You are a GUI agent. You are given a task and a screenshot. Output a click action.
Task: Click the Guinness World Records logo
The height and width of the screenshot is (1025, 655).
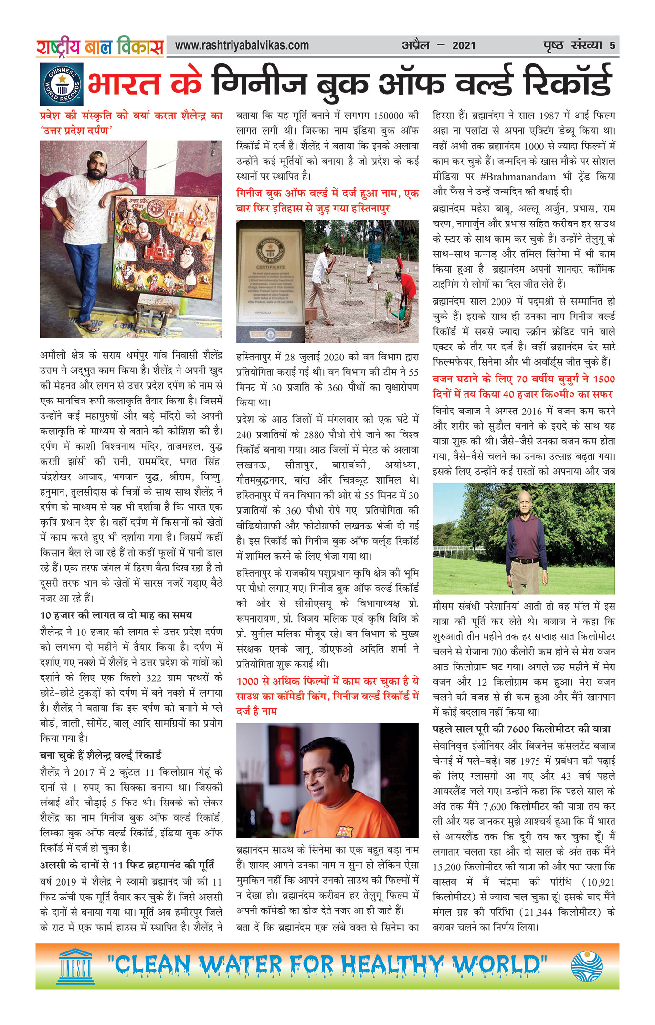click(61, 84)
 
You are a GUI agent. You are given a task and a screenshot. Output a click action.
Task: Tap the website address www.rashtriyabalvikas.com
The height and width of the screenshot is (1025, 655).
click(242, 46)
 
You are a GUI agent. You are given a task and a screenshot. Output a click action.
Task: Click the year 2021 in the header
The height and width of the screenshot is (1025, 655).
click(464, 46)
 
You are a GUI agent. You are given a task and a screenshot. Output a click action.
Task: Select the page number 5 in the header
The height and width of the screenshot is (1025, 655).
click(612, 46)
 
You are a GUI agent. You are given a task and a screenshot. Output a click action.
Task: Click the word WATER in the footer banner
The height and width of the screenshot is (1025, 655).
click(240, 965)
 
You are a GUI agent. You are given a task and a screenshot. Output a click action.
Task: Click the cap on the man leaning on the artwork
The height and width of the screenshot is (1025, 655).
click(98, 156)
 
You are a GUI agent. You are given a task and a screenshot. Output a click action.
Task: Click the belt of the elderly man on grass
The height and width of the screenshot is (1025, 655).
click(526, 560)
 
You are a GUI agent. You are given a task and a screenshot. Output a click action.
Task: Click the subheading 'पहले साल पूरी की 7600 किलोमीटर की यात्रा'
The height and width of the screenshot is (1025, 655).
click(521, 729)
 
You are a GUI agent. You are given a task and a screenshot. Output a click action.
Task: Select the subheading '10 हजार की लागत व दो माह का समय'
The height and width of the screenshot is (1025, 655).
click(116, 615)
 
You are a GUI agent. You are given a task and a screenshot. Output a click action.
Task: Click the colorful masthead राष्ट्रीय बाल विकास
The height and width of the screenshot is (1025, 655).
click(100, 47)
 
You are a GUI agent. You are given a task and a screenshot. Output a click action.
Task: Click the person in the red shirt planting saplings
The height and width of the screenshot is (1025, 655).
click(407, 291)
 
